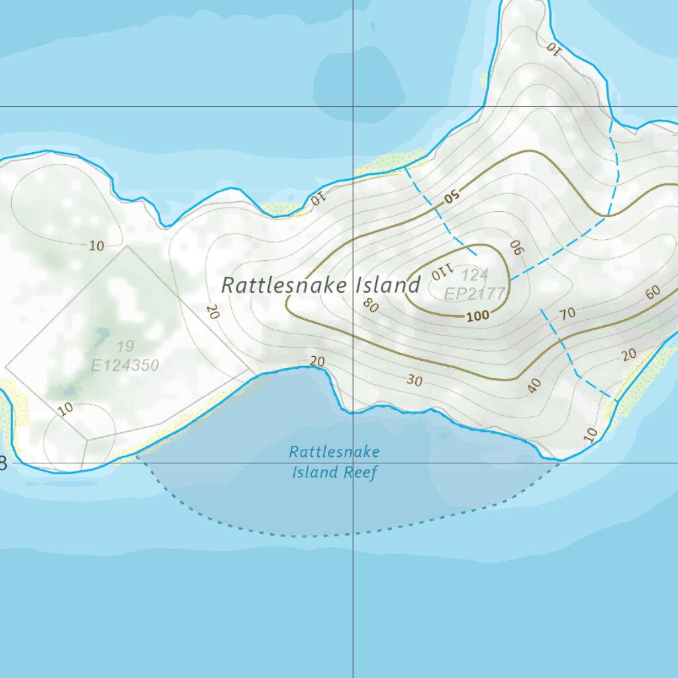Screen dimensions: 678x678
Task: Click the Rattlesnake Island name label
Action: click(320, 285)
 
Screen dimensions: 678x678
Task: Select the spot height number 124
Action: click(475, 275)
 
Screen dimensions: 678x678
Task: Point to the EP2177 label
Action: click(475, 293)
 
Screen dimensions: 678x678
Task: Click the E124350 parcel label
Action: click(124, 365)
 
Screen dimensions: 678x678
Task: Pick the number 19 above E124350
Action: click(124, 346)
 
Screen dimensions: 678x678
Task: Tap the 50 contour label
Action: click(452, 196)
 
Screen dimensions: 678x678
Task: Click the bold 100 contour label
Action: click(477, 316)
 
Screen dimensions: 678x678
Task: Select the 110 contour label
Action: click(440, 271)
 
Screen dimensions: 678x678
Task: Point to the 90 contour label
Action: click(516, 248)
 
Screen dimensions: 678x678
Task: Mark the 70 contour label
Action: click(567, 314)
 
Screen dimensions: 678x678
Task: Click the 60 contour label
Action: click(653, 292)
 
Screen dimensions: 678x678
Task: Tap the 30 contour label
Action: click(414, 381)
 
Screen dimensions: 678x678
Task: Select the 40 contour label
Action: click(535, 385)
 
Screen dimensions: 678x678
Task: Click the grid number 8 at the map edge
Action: click(3, 463)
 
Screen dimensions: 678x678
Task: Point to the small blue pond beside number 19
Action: click(102, 336)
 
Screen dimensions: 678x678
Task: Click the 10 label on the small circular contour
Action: click(65, 409)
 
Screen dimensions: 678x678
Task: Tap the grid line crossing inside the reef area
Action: click(353, 463)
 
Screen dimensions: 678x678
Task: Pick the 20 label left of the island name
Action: click(212, 311)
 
